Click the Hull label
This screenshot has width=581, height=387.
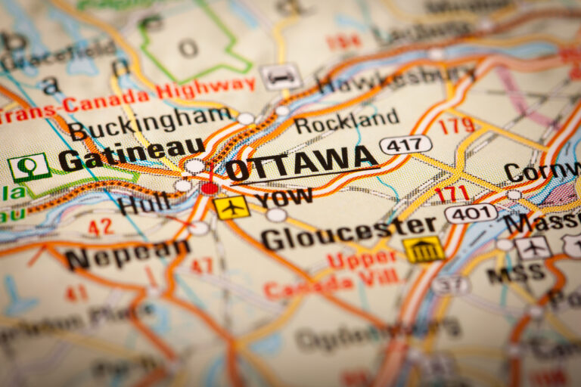pyautogui.click(x=143, y=203)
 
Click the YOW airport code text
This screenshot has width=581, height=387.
pyautogui.click(x=284, y=199)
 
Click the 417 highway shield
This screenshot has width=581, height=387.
pyautogui.click(x=405, y=144)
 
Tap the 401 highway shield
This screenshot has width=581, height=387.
pyautogui.click(x=471, y=213)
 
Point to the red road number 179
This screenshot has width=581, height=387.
pyautogui.click(x=458, y=125)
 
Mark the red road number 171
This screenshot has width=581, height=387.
pyautogui.click(x=452, y=193)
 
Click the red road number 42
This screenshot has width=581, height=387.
pyautogui.click(x=100, y=226)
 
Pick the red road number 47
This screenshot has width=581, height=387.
pyautogui.click(x=201, y=265)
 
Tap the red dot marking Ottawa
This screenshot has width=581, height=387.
pyautogui.click(x=210, y=187)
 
